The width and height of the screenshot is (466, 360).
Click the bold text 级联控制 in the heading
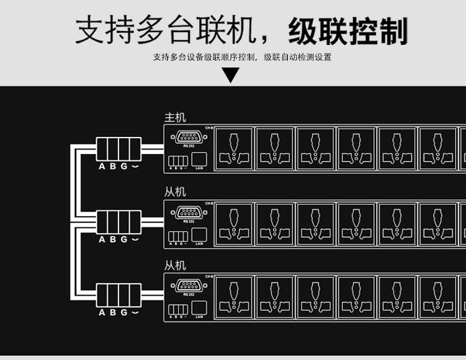click(x=347, y=31)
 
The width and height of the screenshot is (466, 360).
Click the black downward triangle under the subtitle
click(x=231, y=75)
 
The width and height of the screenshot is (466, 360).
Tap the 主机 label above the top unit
click(x=175, y=118)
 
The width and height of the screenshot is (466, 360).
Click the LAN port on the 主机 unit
click(x=198, y=160)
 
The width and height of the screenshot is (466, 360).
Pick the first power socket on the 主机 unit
click(x=235, y=149)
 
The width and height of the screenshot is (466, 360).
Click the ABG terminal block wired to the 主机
click(x=119, y=149)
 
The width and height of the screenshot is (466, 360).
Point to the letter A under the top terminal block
click(x=102, y=167)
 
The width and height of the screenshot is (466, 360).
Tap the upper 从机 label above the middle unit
click(x=175, y=191)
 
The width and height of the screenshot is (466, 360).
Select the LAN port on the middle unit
click(x=198, y=235)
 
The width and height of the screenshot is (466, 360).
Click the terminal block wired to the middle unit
click(x=119, y=222)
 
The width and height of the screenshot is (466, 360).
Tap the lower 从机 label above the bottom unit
click(x=175, y=266)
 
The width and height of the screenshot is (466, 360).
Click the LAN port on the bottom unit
click(x=198, y=308)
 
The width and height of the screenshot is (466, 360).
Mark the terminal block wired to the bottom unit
click(x=119, y=295)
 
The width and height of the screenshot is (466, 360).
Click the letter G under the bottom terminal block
click(x=124, y=312)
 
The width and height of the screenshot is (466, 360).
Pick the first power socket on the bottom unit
click(x=235, y=297)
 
